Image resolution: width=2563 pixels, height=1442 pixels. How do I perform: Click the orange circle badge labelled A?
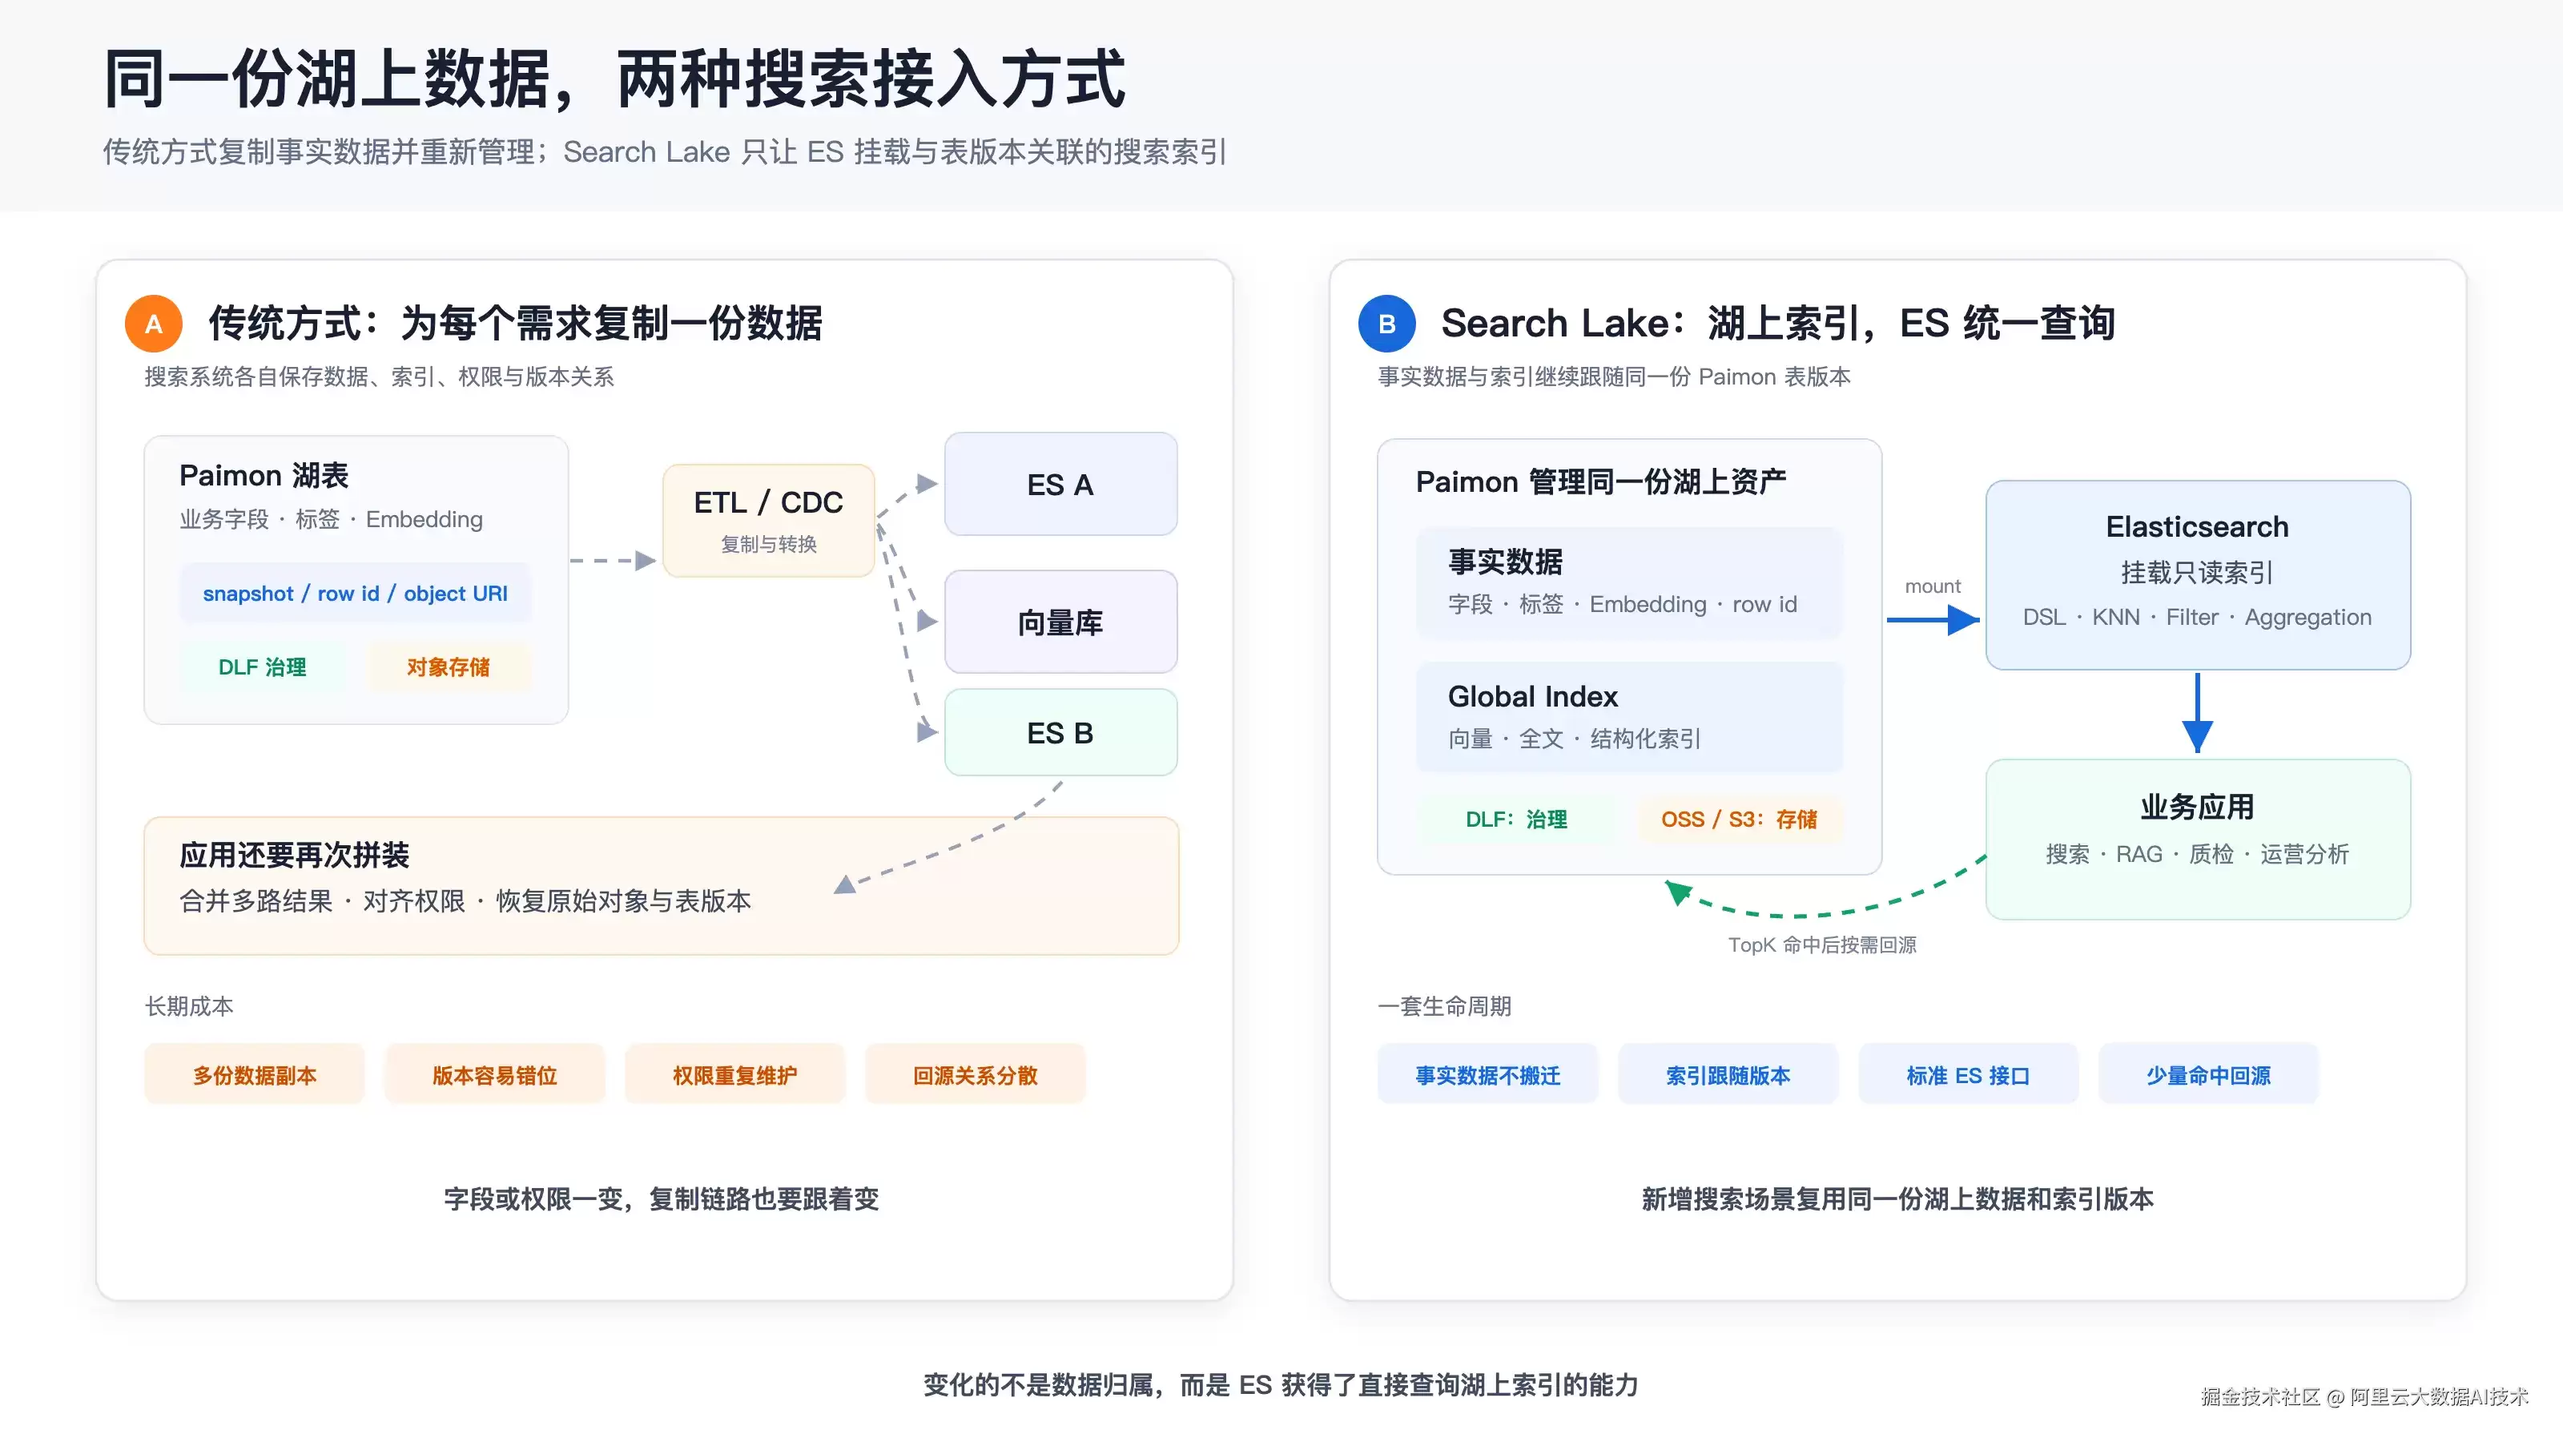coord(153,324)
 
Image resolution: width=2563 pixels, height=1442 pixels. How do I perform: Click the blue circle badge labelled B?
coord(1387,324)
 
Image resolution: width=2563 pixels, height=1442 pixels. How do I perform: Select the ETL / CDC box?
coord(768,519)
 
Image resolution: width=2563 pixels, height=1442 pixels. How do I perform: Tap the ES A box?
coord(1060,485)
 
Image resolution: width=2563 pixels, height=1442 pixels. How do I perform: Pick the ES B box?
coord(1060,732)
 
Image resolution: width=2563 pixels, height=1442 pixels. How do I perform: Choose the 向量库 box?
coord(1060,622)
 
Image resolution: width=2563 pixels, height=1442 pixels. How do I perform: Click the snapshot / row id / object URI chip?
coord(355,593)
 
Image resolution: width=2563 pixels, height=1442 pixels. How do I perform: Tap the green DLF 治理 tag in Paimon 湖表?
coord(263,667)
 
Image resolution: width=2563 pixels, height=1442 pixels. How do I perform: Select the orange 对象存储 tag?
coord(448,667)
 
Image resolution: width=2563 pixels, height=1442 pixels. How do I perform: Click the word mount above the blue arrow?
coord(1932,586)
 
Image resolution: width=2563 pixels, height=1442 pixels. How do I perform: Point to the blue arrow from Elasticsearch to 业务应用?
coord(2197,712)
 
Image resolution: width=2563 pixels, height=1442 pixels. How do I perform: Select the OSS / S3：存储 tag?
coord(1739,819)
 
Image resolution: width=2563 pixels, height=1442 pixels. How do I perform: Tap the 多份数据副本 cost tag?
coord(255,1075)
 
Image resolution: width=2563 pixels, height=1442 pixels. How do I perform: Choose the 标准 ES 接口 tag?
coord(1968,1075)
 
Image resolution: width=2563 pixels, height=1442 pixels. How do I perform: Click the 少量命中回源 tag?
coord(2208,1075)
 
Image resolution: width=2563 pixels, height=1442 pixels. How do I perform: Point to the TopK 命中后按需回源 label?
coord(1822,945)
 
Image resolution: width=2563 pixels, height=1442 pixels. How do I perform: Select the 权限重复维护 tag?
coord(735,1075)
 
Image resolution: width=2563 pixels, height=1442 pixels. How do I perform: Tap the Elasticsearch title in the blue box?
coord(2197,526)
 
